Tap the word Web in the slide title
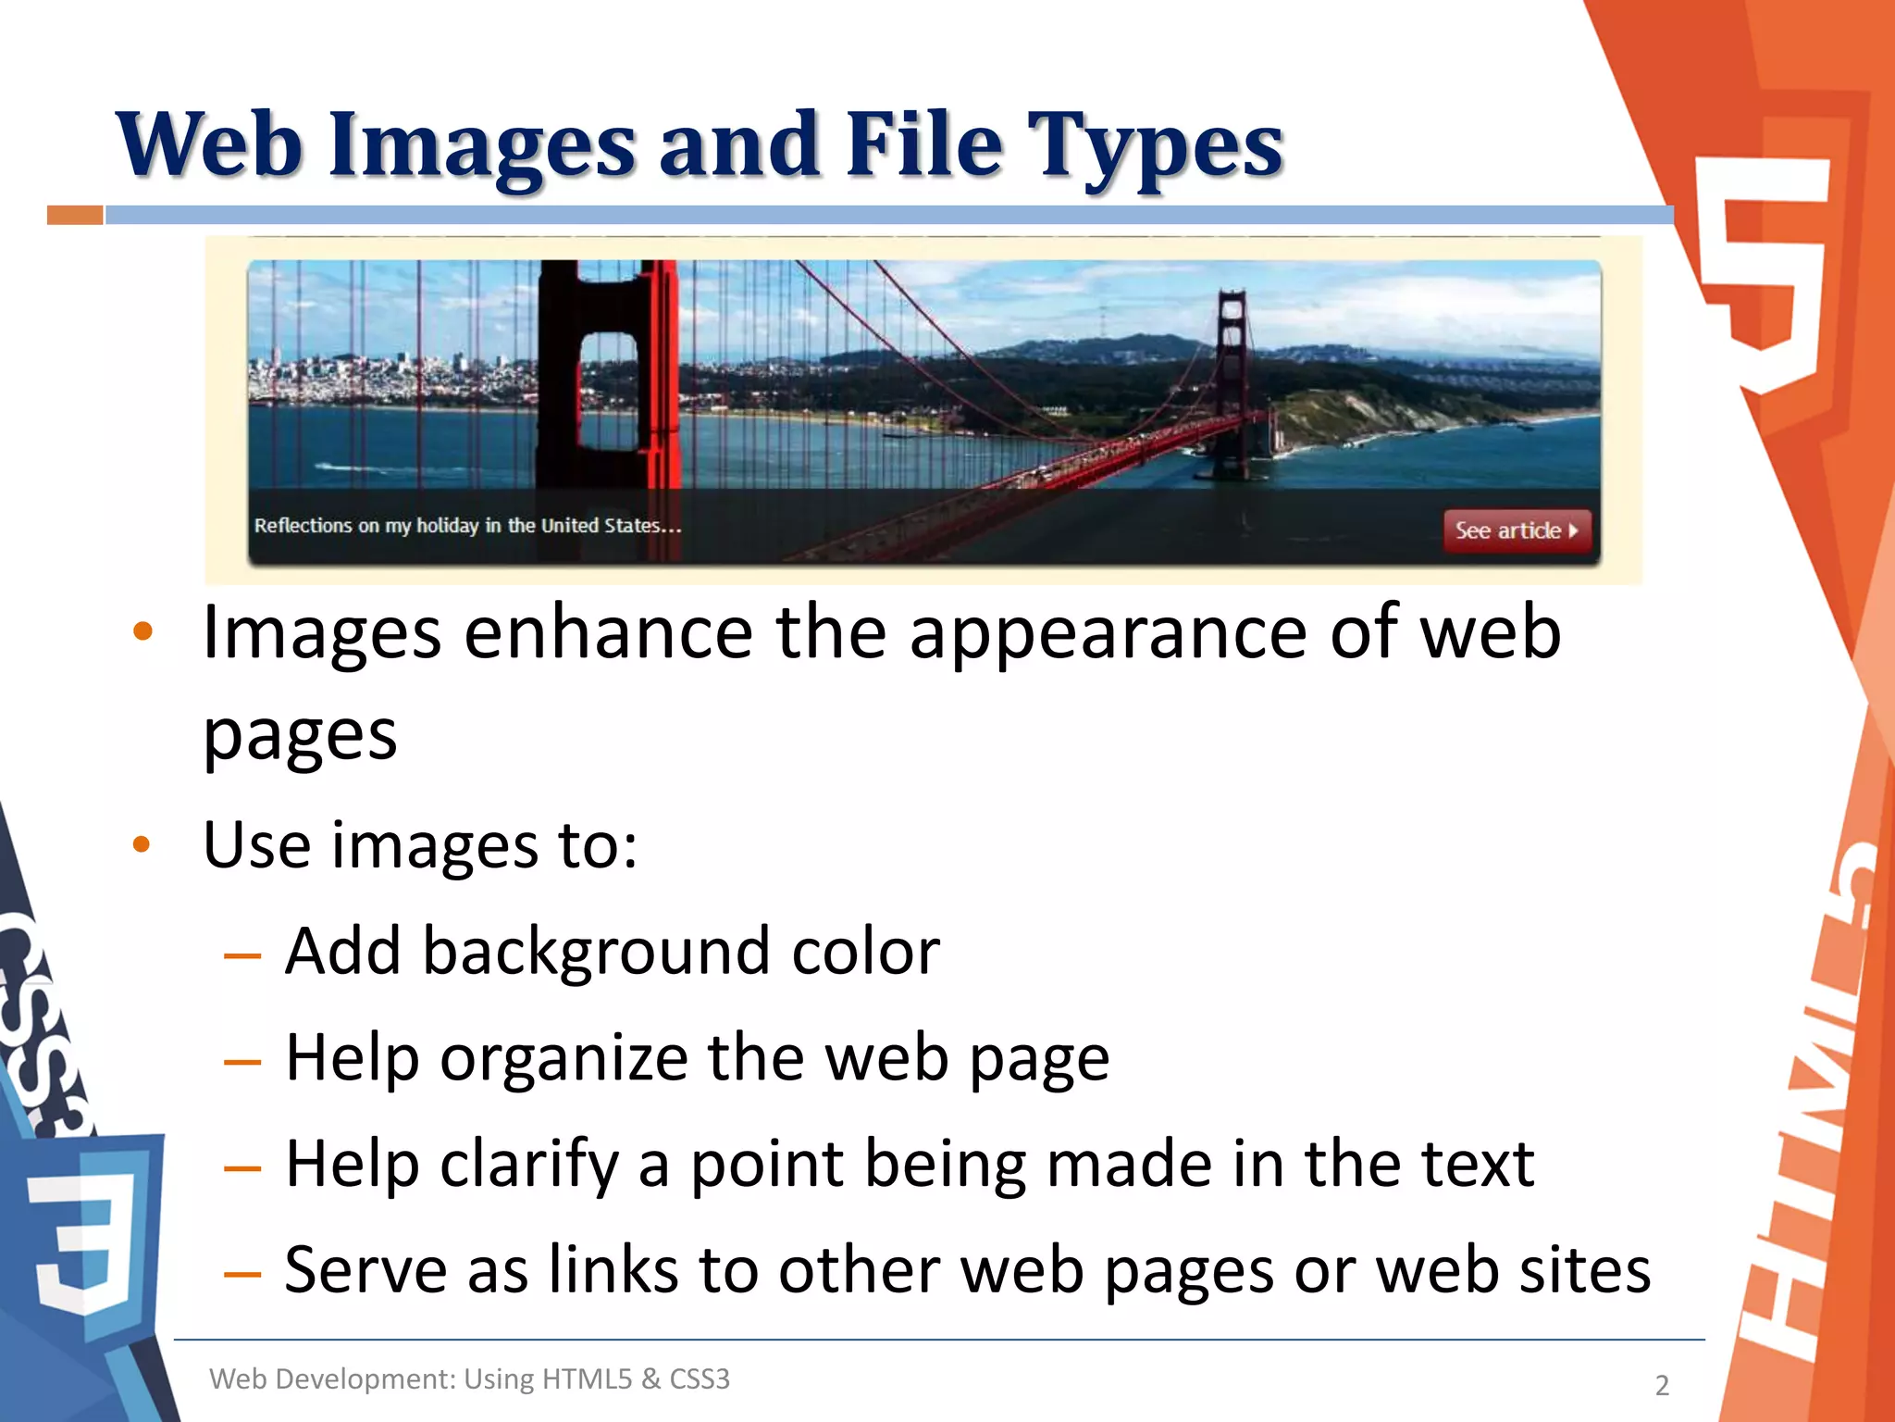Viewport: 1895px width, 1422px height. pyautogui.click(x=209, y=146)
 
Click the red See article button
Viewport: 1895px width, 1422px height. pyautogui.click(x=1516, y=530)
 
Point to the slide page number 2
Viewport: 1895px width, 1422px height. pyautogui.click(x=1662, y=1385)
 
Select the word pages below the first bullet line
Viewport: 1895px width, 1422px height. pyautogui.click(x=300, y=737)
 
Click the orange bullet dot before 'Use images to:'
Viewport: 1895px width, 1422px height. pyautogui.click(x=142, y=844)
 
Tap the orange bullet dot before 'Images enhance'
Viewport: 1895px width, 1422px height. pyautogui.click(x=142, y=632)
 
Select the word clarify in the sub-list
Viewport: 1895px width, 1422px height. pyautogui.click(x=528, y=1165)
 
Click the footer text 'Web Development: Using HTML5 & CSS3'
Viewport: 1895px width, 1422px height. pyautogui.click(x=469, y=1379)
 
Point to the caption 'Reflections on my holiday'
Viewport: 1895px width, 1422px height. pyautogui.click(x=467, y=526)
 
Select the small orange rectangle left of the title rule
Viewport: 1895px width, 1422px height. pyautogui.click(x=75, y=216)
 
